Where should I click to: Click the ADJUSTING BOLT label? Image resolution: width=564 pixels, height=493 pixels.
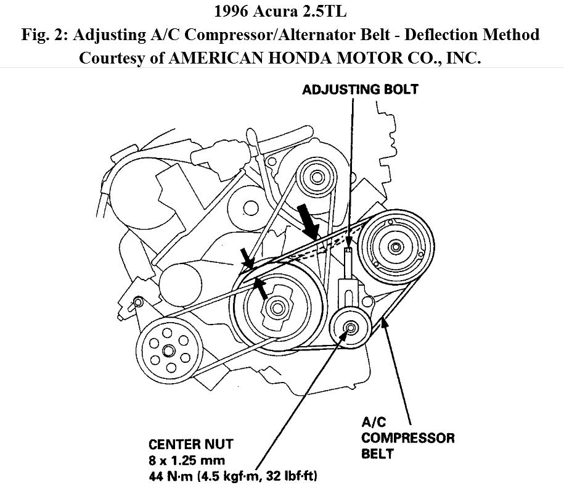coord(360,89)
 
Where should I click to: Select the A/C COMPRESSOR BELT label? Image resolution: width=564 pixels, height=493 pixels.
coord(407,439)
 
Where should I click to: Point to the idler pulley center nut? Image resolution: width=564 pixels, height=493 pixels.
coord(349,328)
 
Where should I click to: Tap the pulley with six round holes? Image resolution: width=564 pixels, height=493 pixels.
coord(168,350)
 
